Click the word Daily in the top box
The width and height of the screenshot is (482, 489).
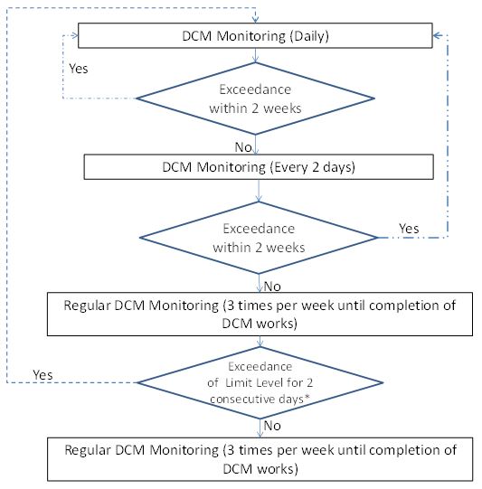[309, 36]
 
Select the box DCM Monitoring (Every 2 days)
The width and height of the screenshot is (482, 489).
[259, 167]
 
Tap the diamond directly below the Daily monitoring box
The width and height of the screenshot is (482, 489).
[256, 99]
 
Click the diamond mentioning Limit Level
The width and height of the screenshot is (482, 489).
[260, 382]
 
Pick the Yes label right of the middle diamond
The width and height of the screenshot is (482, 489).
[409, 229]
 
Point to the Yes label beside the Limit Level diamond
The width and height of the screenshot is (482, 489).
[43, 374]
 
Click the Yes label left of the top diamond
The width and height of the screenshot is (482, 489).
[79, 69]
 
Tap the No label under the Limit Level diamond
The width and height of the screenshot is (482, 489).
[272, 426]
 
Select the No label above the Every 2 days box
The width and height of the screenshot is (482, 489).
[243, 147]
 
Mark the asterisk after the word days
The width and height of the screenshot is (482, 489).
[307, 397]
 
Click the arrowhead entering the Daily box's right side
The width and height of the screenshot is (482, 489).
[438, 35]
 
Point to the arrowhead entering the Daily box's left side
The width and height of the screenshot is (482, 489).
[74, 35]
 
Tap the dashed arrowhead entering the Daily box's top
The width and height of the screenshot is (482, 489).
[256, 19]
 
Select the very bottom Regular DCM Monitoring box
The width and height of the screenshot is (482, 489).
[260, 459]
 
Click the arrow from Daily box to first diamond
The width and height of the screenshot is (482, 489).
[256, 55]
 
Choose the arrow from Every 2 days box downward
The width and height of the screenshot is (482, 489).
[259, 191]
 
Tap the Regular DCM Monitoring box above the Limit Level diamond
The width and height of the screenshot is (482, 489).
[260, 314]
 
